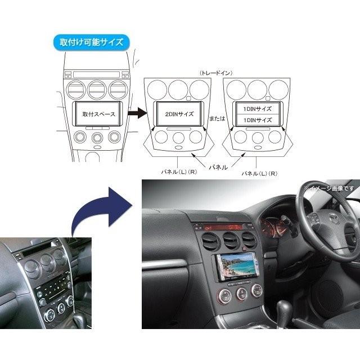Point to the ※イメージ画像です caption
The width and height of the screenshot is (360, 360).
point(329,188)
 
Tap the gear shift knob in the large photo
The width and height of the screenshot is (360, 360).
point(285,308)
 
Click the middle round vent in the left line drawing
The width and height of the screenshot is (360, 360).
point(97,89)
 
